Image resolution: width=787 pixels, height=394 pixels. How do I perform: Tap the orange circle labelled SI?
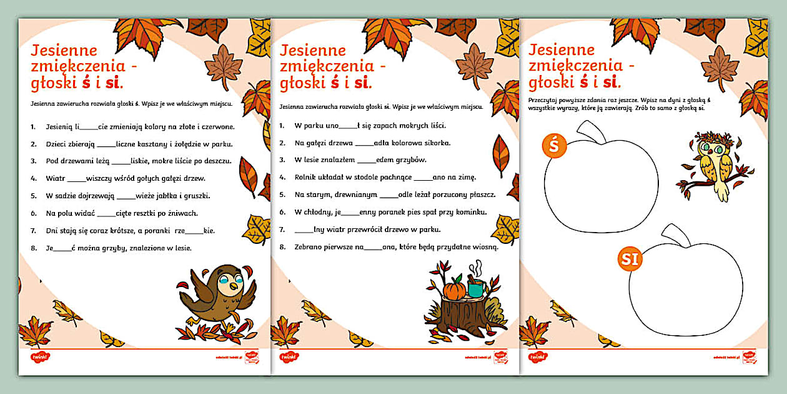pyautogui.click(x=631, y=259)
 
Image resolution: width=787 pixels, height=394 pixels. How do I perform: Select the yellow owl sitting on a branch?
pyautogui.click(x=716, y=164)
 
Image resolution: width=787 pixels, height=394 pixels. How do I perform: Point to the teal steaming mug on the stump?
pyautogui.click(x=476, y=288)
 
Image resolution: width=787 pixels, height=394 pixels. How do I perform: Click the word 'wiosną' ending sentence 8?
pyautogui.click(x=482, y=247)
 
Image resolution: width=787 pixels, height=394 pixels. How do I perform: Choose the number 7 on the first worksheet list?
pyautogui.click(x=32, y=231)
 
